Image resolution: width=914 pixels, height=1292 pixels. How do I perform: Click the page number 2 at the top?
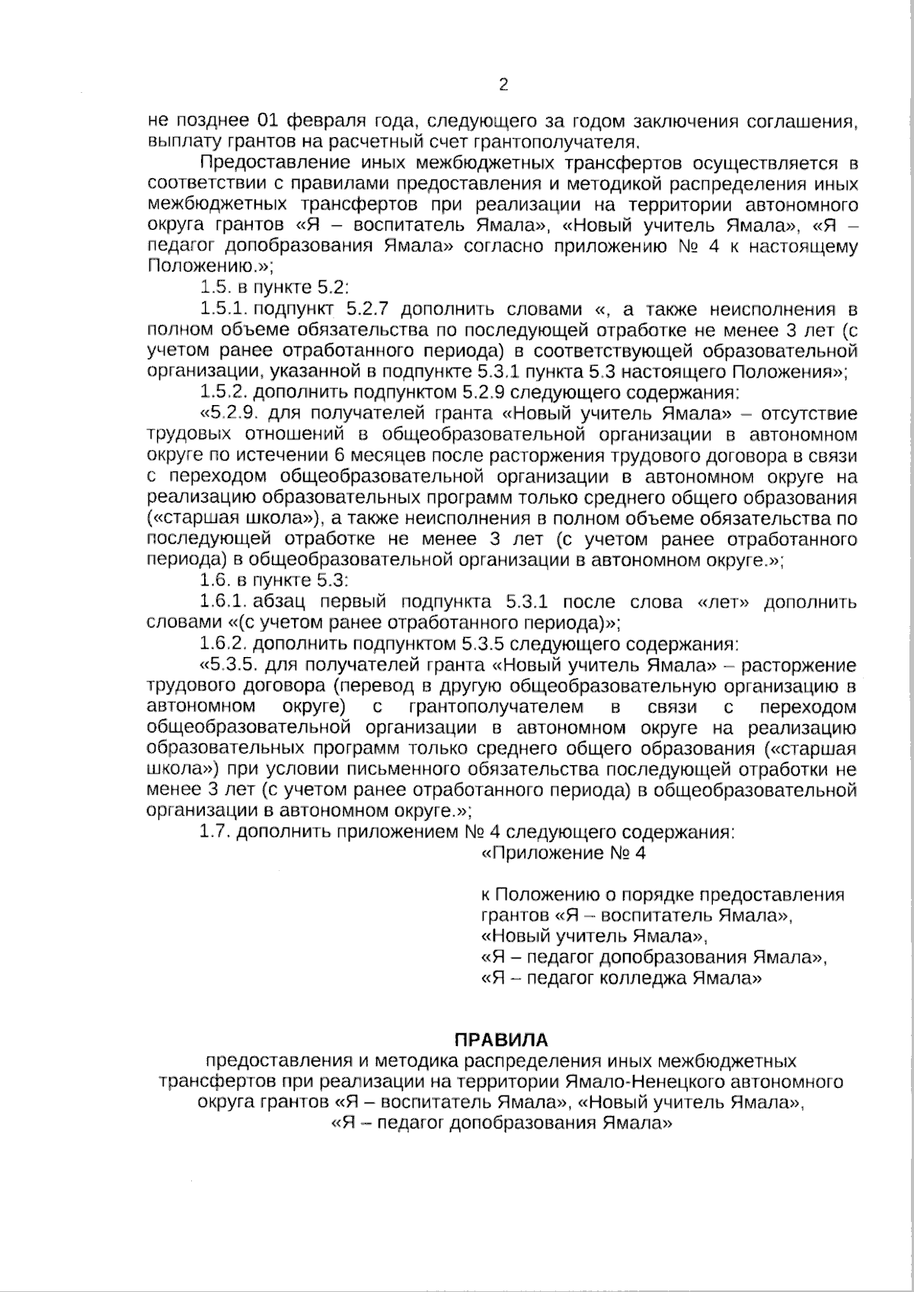tap(503, 85)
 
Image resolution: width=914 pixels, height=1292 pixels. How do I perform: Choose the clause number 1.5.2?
tap(223, 393)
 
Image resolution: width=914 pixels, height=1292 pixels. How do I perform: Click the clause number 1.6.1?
tap(223, 602)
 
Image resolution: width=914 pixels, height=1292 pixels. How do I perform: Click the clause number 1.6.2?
tap(223, 644)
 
